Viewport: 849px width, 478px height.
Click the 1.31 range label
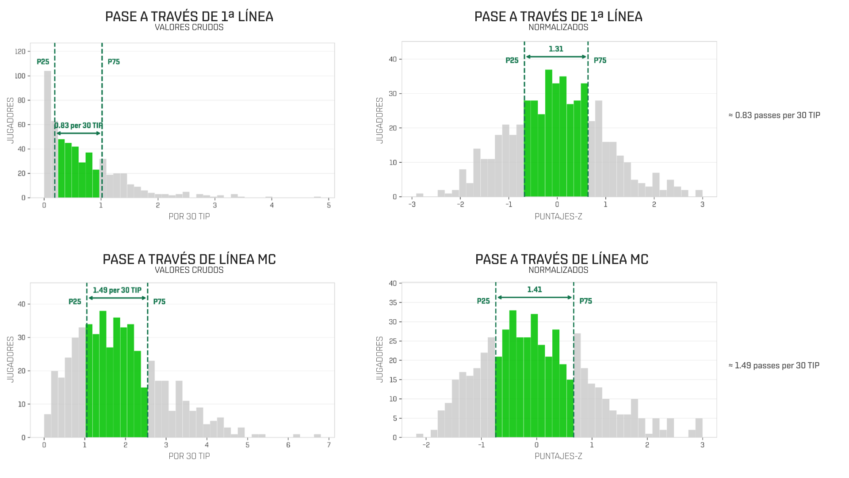point(556,49)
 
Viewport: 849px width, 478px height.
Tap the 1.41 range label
point(534,290)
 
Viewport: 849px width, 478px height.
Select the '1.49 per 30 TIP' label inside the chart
point(117,290)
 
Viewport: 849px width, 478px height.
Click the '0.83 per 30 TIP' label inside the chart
point(79,126)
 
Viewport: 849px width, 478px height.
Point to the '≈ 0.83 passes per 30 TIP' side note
point(774,115)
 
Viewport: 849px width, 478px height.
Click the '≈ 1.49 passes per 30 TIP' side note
point(774,366)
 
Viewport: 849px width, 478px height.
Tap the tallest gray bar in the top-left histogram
point(47,134)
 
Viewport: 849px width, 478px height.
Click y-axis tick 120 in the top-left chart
point(20,52)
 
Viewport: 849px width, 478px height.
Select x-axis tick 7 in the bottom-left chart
point(329,445)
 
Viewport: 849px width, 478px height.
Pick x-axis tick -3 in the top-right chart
point(412,204)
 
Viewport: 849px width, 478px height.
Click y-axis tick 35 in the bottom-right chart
point(393,303)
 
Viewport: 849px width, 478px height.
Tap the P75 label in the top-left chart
point(114,62)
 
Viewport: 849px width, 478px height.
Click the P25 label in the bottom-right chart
point(483,301)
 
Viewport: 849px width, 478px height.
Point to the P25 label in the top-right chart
point(512,61)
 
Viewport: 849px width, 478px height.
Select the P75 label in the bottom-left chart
point(159,302)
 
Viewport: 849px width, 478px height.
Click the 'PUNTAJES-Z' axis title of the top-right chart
point(558,217)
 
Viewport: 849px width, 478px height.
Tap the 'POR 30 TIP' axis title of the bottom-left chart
point(189,456)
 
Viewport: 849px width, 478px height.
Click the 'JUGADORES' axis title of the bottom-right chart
point(379,359)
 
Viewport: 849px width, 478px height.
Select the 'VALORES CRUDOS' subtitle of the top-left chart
point(189,27)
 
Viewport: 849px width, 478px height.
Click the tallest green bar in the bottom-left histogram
point(103,374)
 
